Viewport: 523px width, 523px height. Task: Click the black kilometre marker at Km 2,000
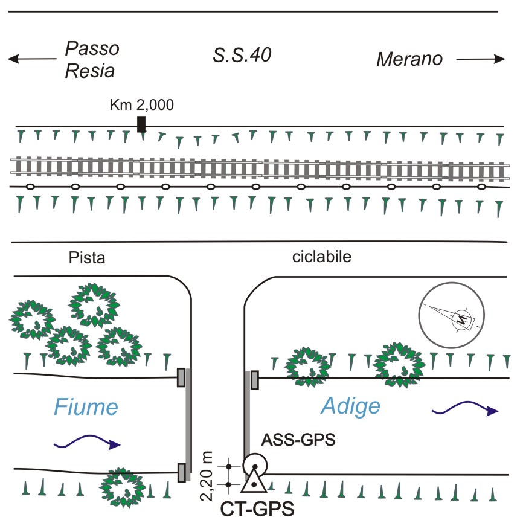(141, 124)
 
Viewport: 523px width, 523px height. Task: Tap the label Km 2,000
(142, 105)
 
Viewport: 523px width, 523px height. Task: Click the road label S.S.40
(242, 55)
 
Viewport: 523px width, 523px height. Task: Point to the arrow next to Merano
(481, 59)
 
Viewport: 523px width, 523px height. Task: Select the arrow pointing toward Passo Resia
(32, 59)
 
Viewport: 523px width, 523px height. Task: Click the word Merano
(409, 59)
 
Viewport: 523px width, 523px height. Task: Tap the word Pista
(87, 258)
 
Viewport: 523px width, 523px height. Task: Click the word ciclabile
(321, 257)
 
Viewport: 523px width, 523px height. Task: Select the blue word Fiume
(86, 407)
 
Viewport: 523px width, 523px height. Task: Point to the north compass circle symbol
(451, 315)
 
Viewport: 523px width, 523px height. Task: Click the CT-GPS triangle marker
(254, 480)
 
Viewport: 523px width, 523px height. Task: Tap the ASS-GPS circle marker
(255, 465)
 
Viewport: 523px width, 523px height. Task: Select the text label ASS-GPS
(298, 440)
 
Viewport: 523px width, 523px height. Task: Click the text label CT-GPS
(257, 509)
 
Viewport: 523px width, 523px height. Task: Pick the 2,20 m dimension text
(207, 476)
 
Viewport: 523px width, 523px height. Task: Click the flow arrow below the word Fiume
(87, 441)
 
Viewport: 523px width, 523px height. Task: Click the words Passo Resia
(92, 60)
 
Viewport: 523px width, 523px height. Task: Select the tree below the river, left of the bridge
(123, 487)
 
